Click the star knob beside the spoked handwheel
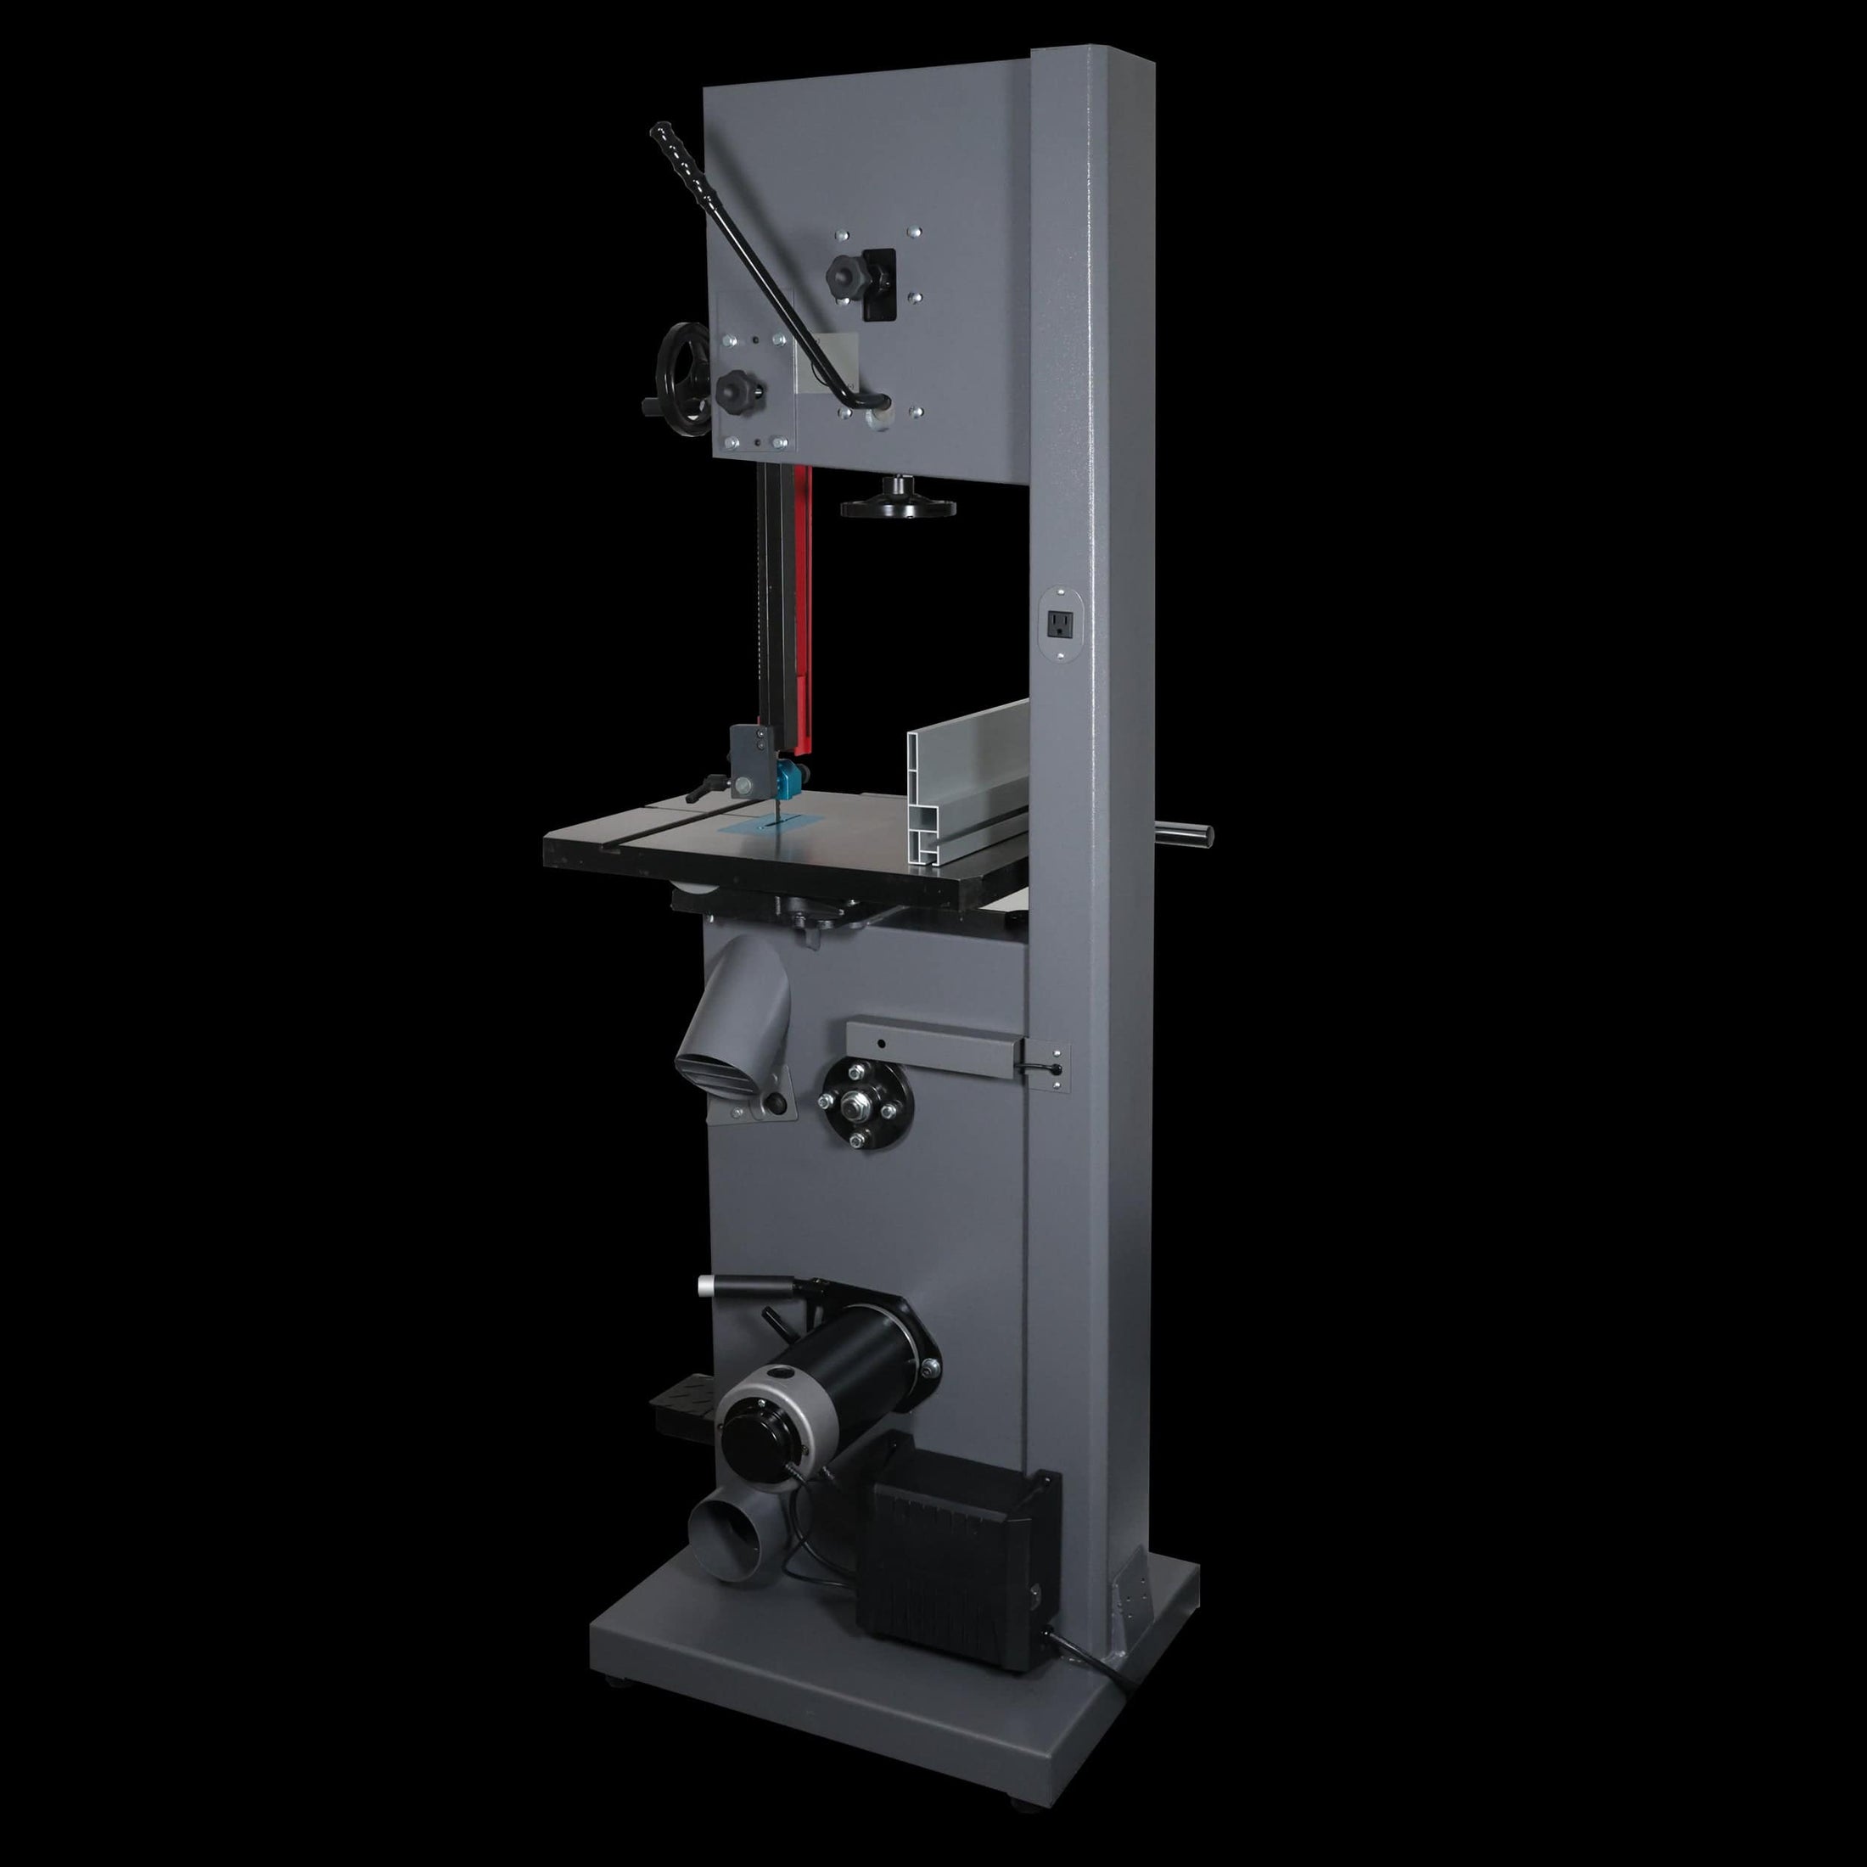737,390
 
